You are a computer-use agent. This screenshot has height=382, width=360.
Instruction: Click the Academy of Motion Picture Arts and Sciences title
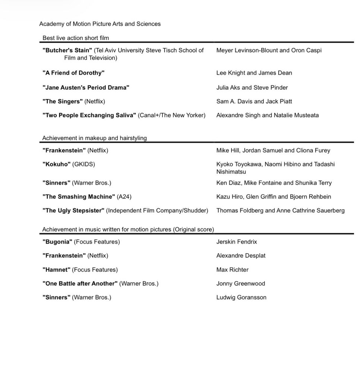pyautogui.click(x=100, y=24)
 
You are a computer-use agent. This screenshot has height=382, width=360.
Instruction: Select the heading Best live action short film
pyautogui.click(x=76, y=38)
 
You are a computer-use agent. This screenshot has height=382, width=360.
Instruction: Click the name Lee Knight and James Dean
pyautogui.click(x=254, y=73)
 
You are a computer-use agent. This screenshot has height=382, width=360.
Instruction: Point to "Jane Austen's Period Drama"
pyautogui.click(x=86, y=88)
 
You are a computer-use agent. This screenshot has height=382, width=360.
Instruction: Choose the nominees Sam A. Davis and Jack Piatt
pyautogui.click(x=254, y=101)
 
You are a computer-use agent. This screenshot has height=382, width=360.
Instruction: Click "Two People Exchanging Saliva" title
pyautogui.click(x=89, y=115)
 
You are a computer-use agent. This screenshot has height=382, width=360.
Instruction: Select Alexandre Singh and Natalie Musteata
pyautogui.click(x=267, y=115)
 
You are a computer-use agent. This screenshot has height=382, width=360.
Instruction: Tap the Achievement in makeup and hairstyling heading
pyautogui.click(x=94, y=138)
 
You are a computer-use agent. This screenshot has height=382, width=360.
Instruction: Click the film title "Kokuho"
pyautogui.click(x=56, y=164)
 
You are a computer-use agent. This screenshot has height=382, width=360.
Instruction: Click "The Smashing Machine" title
pyautogui.click(x=79, y=197)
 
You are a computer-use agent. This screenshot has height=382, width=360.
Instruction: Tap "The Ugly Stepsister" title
pyautogui.click(x=73, y=210)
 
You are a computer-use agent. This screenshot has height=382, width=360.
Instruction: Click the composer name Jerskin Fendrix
pyautogui.click(x=236, y=242)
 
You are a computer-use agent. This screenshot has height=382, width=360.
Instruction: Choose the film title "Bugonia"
pyautogui.click(x=57, y=242)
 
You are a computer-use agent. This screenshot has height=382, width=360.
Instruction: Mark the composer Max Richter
pyautogui.click(x=232, y=270)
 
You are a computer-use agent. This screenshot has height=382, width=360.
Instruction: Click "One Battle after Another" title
pyautogui.click(x=80, y=284)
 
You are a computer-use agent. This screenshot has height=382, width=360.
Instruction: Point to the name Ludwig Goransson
pyautogui.click(x=241, y=297)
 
